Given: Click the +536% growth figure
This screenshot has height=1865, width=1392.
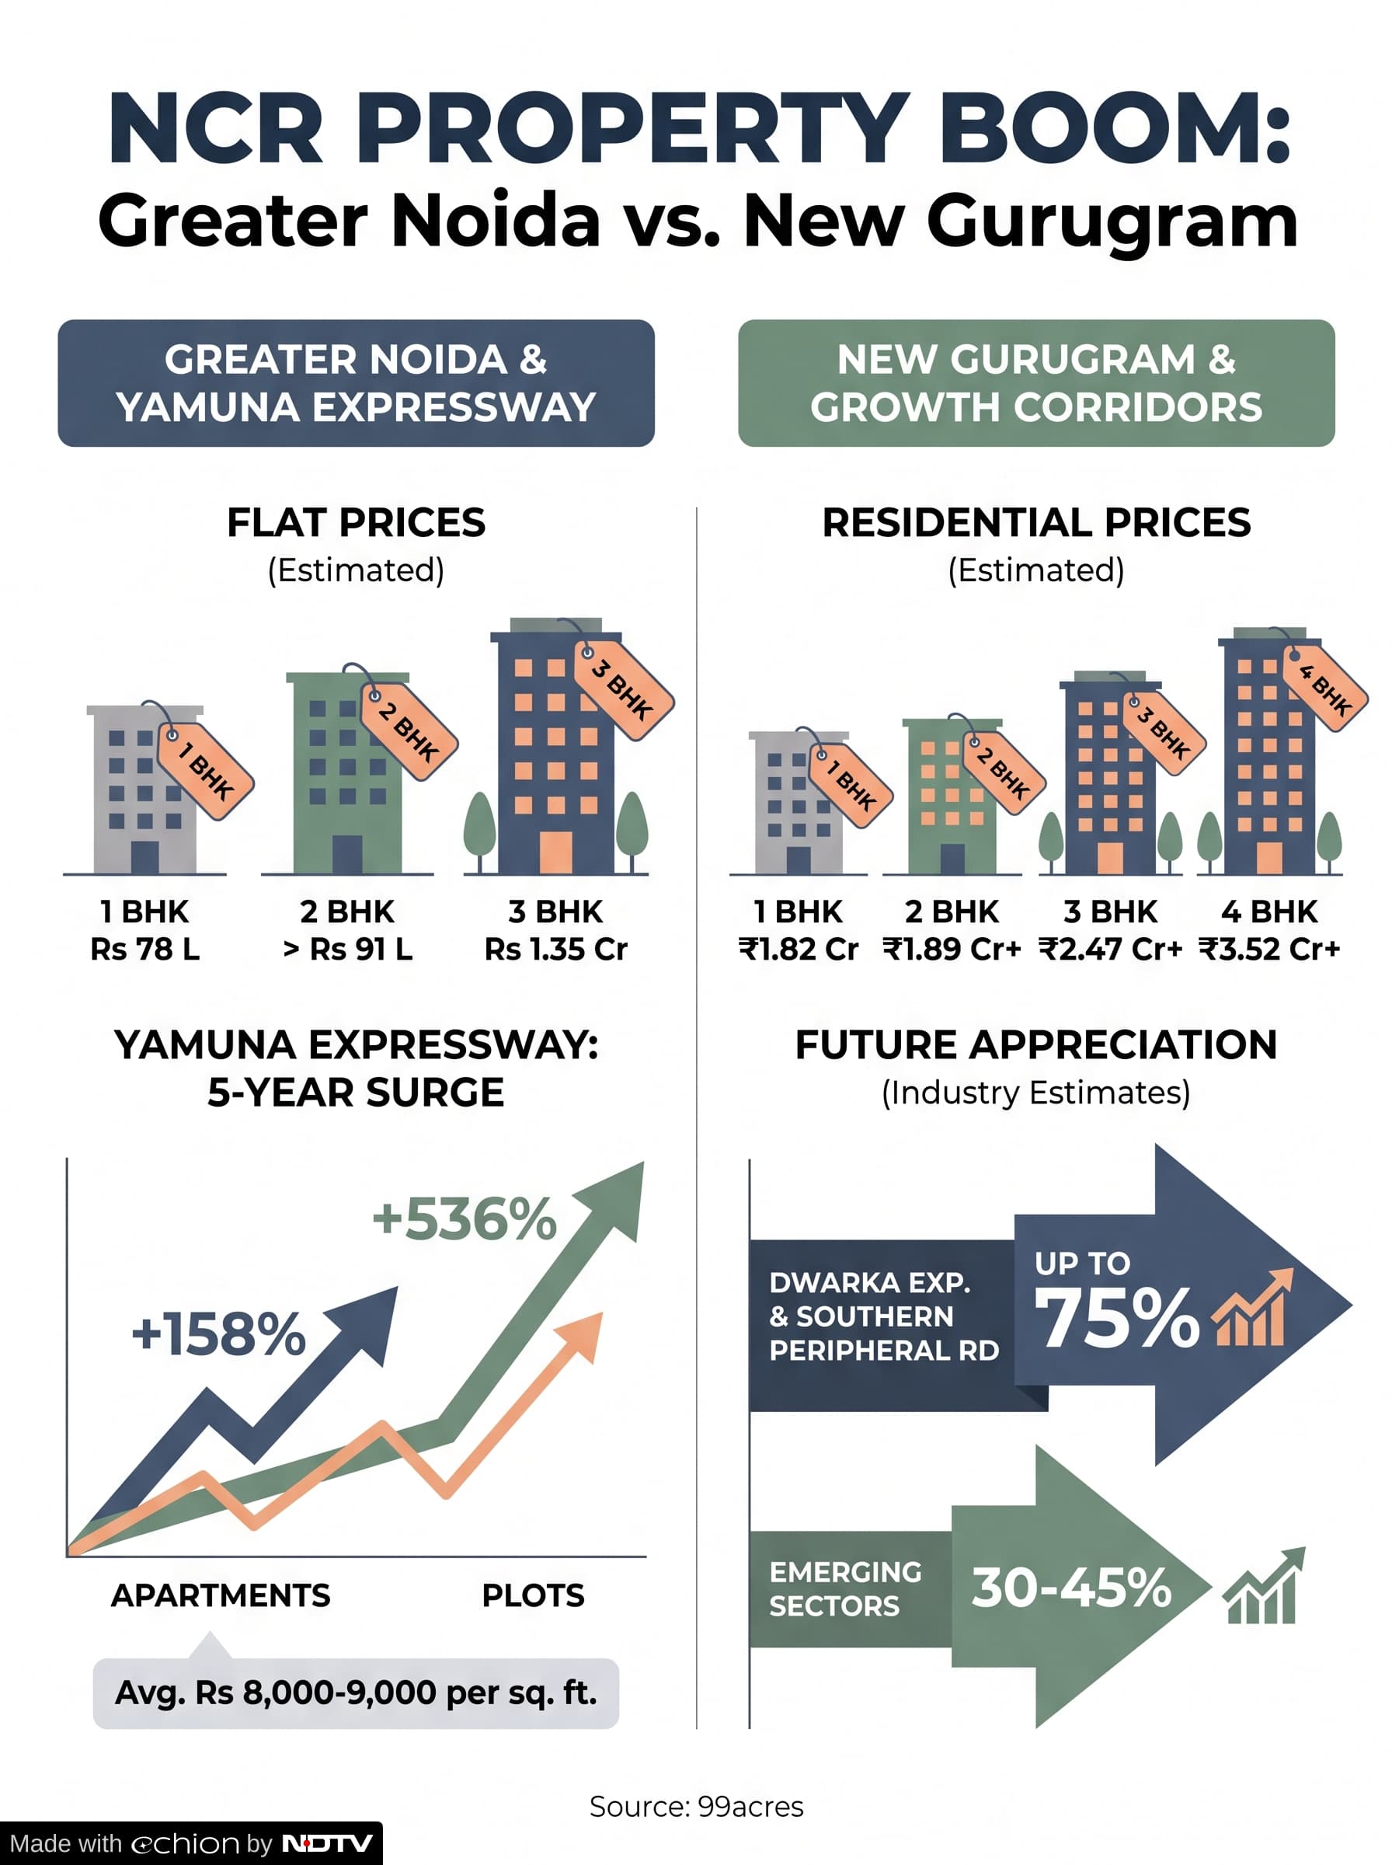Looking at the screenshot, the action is (x=465, y=1219).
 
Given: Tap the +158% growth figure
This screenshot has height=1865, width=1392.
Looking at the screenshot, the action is (x=218, y=1334).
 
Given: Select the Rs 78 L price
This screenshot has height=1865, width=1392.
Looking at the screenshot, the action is (x=145, y=949).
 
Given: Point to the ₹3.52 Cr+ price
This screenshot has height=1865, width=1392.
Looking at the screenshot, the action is (x=1269, y=949).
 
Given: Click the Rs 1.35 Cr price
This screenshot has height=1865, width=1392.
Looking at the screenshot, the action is (x=556, y=949).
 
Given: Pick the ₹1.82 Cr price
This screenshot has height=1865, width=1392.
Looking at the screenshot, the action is (x=798, y=949).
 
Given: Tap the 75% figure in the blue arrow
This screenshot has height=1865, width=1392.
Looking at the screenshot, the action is (x=1117, y=1319).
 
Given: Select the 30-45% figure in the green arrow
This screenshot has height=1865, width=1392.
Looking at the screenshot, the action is (x=1071, y=1588).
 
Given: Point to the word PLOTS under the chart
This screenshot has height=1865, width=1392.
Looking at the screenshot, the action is (x=534, y=1595).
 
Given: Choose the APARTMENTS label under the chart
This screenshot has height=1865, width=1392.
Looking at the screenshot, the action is (x=221, y=1595).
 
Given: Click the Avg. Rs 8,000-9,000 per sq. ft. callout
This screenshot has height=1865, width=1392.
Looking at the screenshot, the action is (x=356, y=1693).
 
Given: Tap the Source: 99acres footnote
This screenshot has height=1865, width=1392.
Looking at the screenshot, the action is (x=696, y=1806).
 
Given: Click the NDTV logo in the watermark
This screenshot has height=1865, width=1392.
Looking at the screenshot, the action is (x=327, y=1844).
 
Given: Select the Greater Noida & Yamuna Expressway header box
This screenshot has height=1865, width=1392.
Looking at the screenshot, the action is (x=356, y=382).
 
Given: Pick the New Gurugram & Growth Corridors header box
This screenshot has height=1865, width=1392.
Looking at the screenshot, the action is (x=1036, y=382).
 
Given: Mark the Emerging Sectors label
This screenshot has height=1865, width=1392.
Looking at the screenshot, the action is (x=845, y=1588).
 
